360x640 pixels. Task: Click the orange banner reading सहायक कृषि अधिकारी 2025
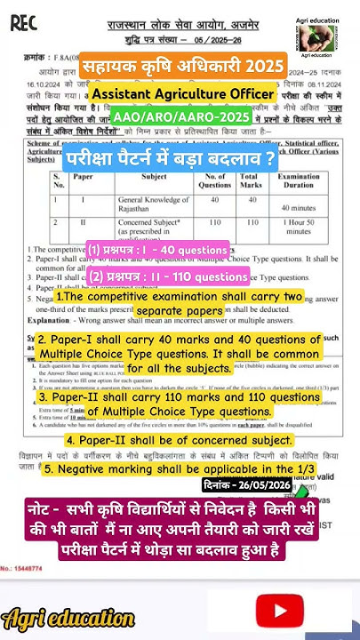(183, 67)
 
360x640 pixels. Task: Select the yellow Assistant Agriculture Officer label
(184, 93)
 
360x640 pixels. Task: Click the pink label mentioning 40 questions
(158, 250)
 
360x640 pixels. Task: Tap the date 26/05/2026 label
(247, 485)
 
